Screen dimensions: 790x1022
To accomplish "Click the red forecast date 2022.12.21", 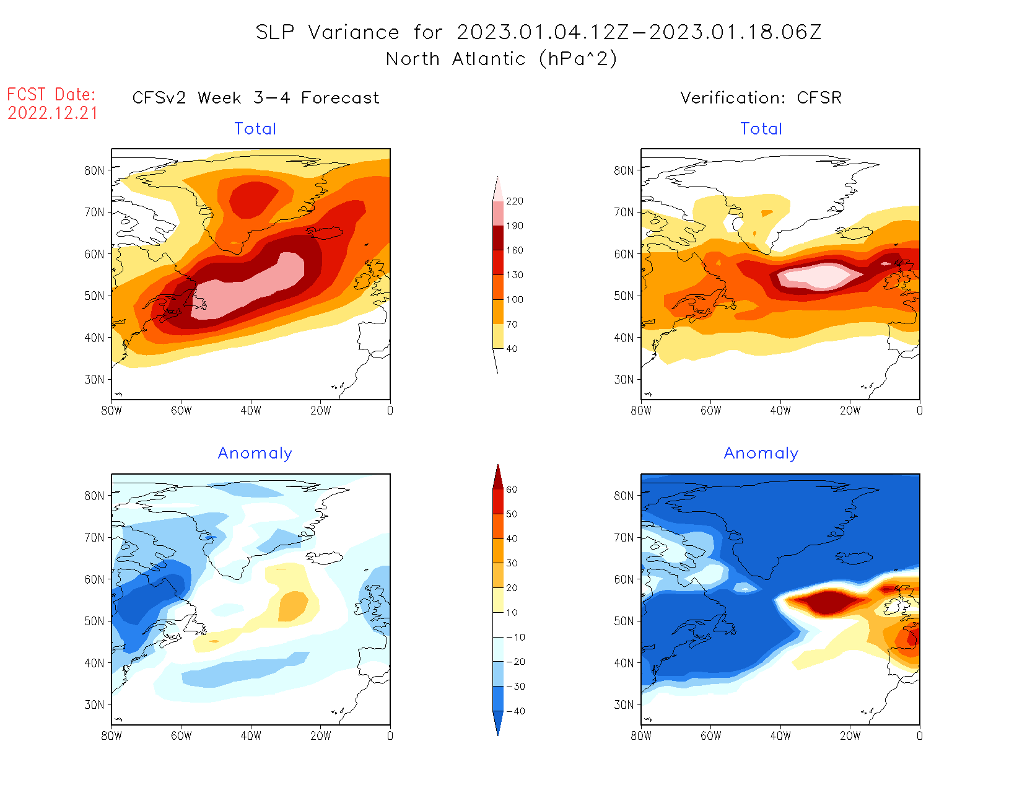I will click(53, 113).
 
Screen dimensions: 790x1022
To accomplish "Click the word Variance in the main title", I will click(354, 32).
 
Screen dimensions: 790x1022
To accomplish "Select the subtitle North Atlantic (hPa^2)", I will click(501, 59).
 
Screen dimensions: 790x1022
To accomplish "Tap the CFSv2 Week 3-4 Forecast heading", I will click(256, 98).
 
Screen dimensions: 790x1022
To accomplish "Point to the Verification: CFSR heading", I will click(761, 98).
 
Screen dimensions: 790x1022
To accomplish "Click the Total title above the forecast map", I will click(255, 129).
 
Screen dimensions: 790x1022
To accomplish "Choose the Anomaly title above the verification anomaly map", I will click(761, 454).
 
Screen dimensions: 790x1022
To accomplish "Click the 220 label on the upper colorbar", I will click(514, 201).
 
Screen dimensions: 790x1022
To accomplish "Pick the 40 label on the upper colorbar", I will click(512, 349).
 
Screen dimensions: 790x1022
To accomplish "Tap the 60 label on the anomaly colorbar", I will click(512, 489).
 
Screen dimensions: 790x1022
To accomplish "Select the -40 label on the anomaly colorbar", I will click(515, 711).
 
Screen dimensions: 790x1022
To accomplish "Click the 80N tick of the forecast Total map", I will click(95, 170).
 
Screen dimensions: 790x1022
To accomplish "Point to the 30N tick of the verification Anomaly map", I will click(624, 704).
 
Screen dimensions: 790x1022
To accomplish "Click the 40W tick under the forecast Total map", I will click(251, 410).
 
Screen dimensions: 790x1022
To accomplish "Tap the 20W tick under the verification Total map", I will click(850, 410).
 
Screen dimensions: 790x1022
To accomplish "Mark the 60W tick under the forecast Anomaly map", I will click(181, 735).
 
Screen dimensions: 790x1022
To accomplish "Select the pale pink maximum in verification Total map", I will click(824, 276).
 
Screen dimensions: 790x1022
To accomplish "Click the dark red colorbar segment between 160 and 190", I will click(498, 238).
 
